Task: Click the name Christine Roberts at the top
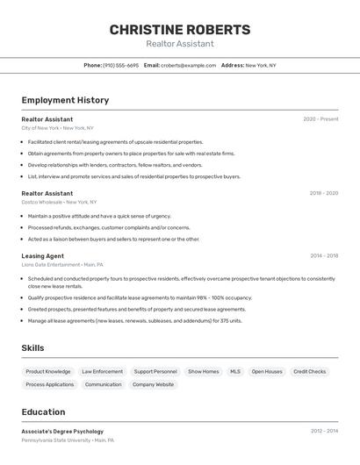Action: pyautogui.click(x=179, y=30)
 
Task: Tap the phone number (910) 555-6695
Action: pyautogui.click(x=120, y=65)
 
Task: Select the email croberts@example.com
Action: pyautogui.click(x=188, y=65)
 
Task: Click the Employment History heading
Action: pyautogui.click(x=65, y=100)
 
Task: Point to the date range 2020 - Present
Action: pyautogui.click(x=320, y=119)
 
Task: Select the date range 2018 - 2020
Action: pyautogui.click(x=323, y=193)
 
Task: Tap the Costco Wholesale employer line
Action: pyautogui.click(x=59, y=202)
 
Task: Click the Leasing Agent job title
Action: pyautogui.click(x=43, y=256)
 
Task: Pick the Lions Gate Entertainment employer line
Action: pyautogui.click(x=62, y=265)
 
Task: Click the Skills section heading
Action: pyautogui.click(x=32, y=348)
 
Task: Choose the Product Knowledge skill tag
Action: pyautogui.click(x=48, y=372)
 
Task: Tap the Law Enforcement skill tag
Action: pyautogui.click(x=103, y=372)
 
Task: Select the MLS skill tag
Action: pyautogui.click(x=235, y=372)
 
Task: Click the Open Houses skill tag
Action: pyautogui.click(x=267, y=372)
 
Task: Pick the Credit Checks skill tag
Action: pyautogui.click(x=309, y=372)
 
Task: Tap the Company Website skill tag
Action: pyautogui.click(x=153, y=385)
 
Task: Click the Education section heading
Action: pyautogui.click(x=43, y=412)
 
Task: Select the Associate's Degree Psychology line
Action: pyautogui.click(x=62, y=432)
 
